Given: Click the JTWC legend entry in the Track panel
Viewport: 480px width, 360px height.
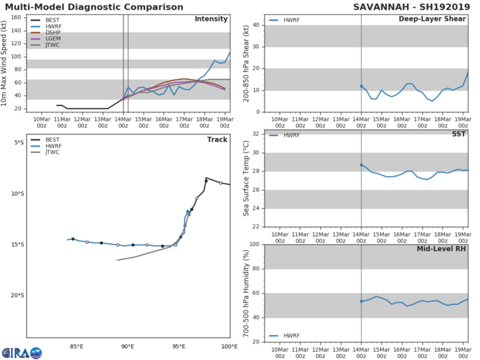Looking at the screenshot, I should click(57, 152).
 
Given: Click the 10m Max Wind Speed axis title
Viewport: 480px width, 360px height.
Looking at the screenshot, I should click(7, 62).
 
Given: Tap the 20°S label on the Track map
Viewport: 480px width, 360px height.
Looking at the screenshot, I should click(14, 296).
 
